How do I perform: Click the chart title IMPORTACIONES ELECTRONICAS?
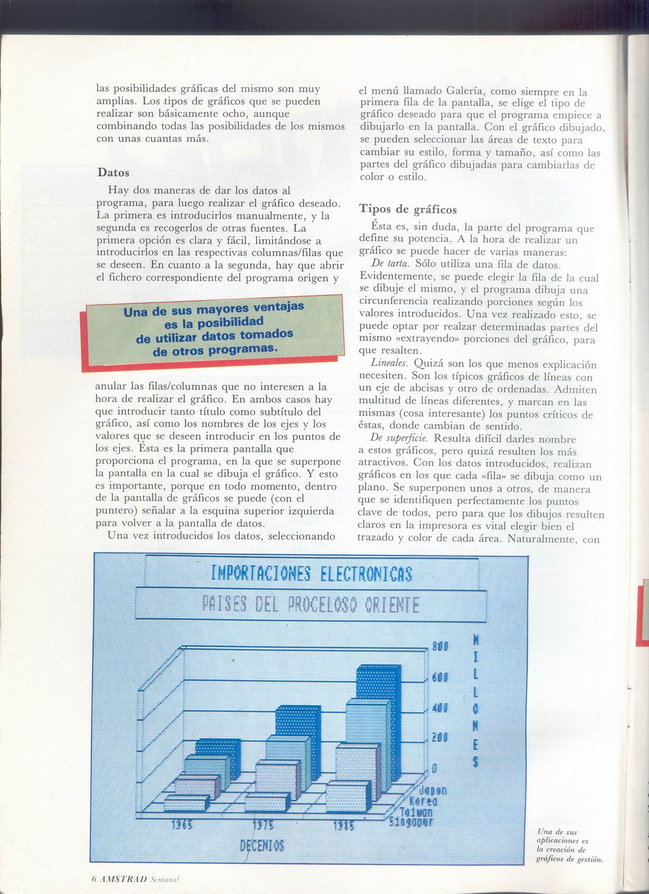tap(311, 573)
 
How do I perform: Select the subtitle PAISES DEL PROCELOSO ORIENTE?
tap(311, 606)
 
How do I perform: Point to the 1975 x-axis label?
tap(262, 826)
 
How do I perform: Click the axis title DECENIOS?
tap(262, 845)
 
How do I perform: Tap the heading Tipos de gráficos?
tap(408, 209)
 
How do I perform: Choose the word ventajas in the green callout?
tap(275, 308)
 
